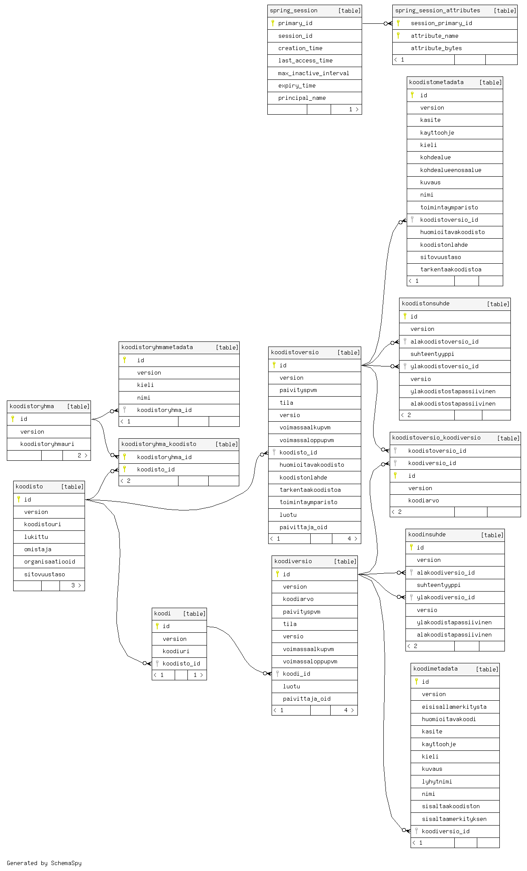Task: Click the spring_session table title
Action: coord(294,11)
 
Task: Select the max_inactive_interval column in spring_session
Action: coord(314,73)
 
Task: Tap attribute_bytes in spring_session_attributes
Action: coord(436,48)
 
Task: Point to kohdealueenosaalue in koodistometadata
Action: coord(450,170)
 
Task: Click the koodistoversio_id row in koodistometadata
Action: coord(449,220)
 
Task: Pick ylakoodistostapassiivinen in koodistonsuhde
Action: coord(453,391)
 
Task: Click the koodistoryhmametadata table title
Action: coord(157,347)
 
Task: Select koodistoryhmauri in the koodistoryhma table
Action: coord(47,444)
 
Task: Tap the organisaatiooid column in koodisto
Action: coord(50,561)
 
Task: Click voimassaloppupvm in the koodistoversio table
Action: coord(307,440)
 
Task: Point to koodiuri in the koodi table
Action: coord(176,651)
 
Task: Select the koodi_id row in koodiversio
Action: coord(297,674)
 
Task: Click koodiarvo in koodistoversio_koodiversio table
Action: coord(424,500)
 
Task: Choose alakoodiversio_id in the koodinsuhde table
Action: coord(446,572)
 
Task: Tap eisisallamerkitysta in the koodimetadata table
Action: coord(454,707)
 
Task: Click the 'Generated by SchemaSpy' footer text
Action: coord(44,863)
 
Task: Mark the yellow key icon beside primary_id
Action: coord(273,23)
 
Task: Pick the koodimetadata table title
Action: coord(436,668)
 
